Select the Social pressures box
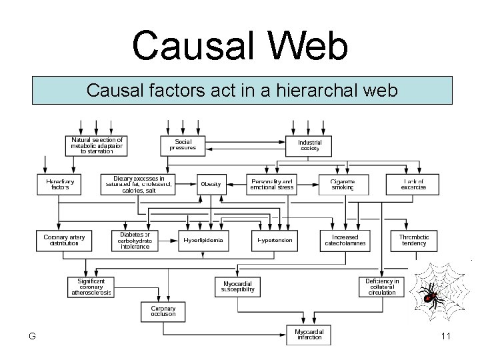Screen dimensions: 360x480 (x=182, y=145)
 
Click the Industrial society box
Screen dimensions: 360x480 (x=310, y=145)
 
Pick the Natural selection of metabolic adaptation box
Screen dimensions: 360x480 (x=97, y=145)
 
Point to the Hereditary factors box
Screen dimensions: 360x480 (x=59, y=185)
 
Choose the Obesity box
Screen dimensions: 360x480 (x=211, y=184)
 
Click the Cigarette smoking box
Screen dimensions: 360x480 (x=343, y=185)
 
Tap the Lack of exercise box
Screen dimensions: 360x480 (x=413, y=185)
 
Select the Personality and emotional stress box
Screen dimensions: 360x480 (x=271, y=185)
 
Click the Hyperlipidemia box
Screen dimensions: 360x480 (x=203, y=240)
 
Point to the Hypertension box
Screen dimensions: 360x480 (x=275, y=240)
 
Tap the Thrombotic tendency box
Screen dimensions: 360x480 (x=413, y=240)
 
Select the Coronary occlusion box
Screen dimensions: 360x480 (x=163, y=311)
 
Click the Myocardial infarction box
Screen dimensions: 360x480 (x=308, y=334)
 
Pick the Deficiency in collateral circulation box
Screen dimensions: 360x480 (x=382, y=287)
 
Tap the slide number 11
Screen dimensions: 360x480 (x=445, y=337)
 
